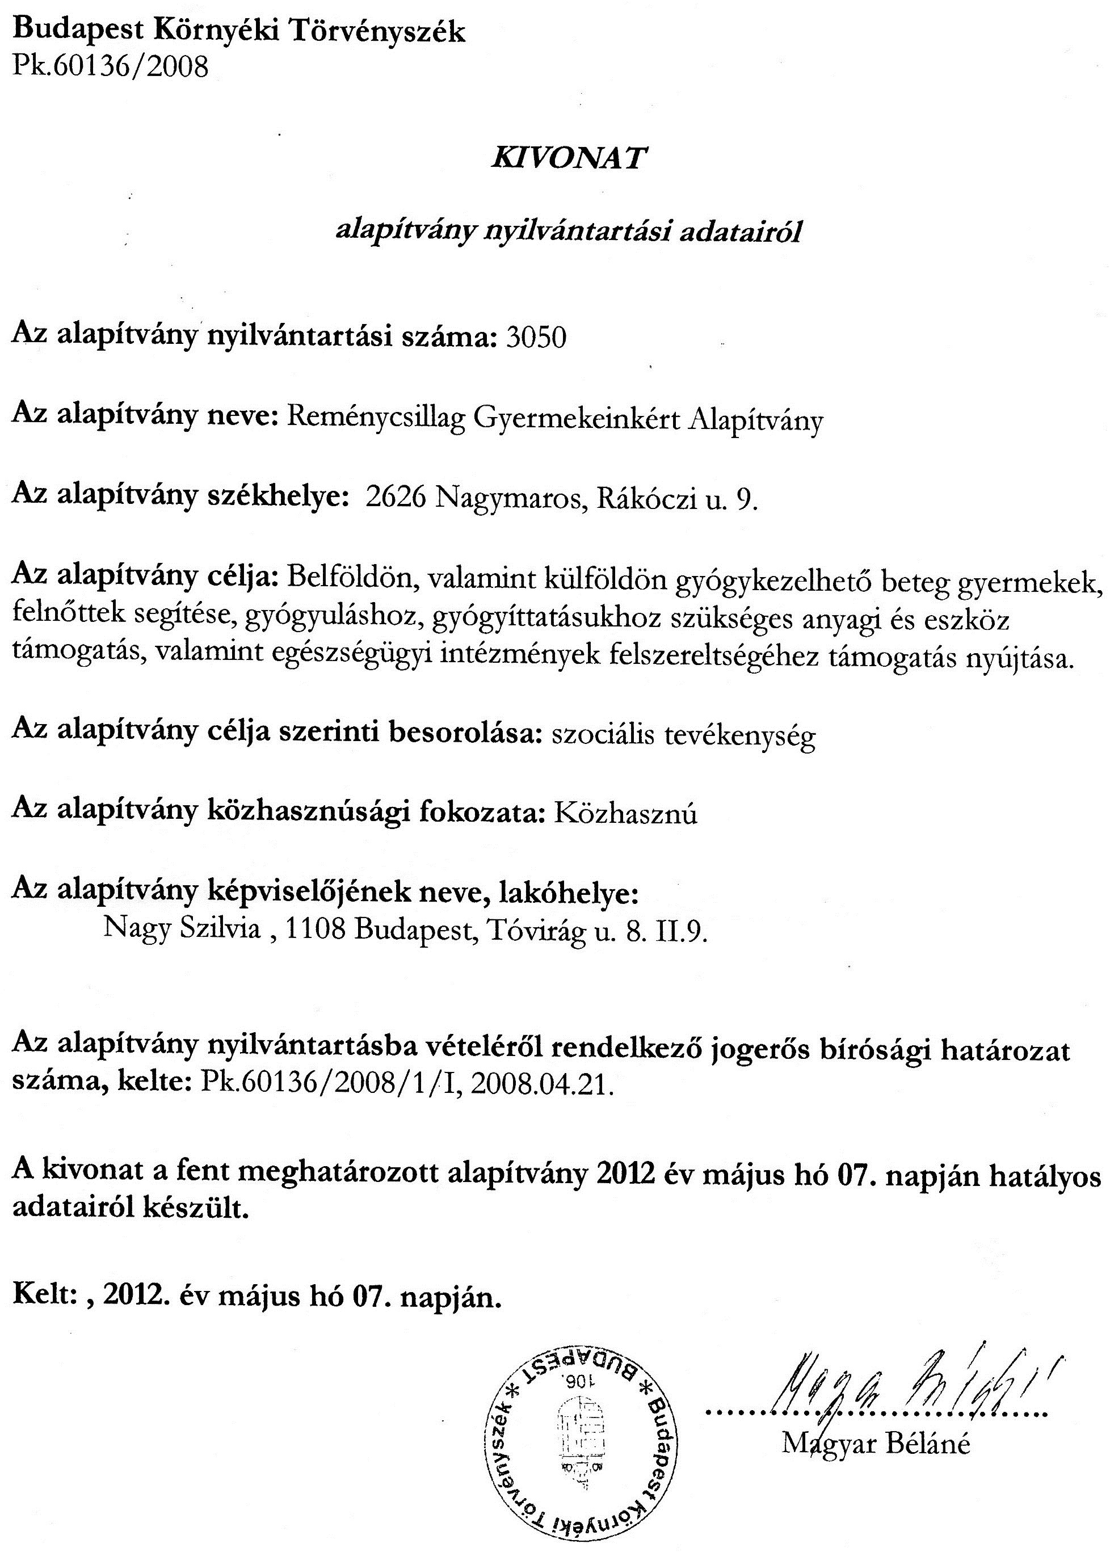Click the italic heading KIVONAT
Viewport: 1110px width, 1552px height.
[568, 158]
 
